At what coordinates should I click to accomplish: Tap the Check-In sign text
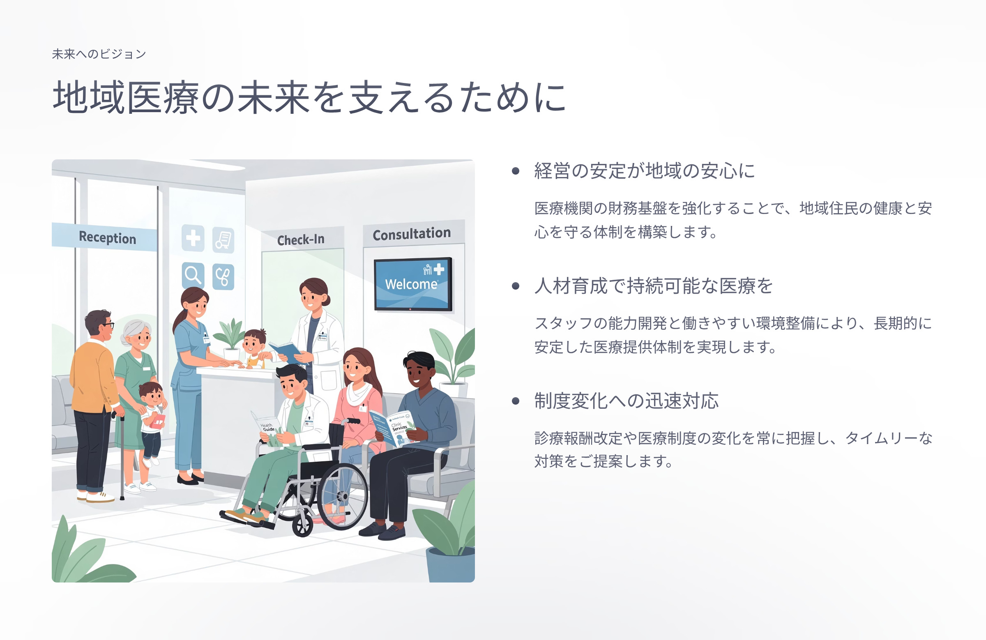coord(301,239)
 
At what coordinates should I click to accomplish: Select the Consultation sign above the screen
coord(412,234)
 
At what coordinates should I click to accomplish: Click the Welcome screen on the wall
coord(412,284)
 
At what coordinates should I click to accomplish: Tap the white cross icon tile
coord(193,238)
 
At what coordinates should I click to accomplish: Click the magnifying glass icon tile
coord(193,276)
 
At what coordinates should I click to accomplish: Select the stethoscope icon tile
coord(223,277)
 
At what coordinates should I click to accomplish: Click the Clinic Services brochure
coord(394,427)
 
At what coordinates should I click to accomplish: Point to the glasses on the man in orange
coord(108,325)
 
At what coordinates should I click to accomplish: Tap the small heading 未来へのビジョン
coord(99,54)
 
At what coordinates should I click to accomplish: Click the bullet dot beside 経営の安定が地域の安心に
coord(515,170)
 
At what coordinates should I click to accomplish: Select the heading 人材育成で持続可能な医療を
coord(653,286)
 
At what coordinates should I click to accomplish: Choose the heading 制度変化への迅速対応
coord(627,401)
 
